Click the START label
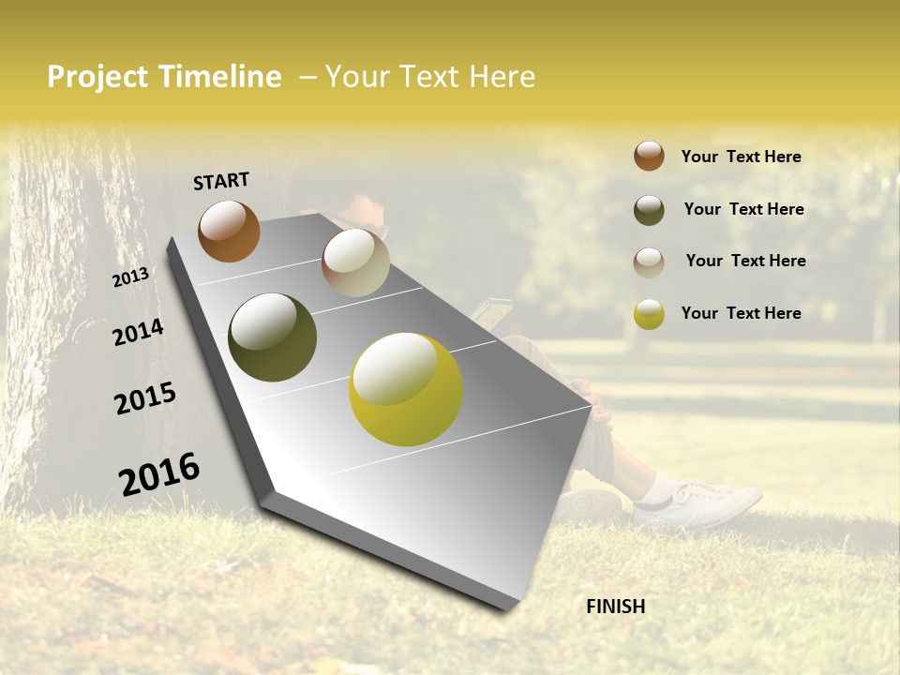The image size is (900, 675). point(221,181)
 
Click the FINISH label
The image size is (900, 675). point(615,607)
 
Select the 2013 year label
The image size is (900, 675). point(130,277)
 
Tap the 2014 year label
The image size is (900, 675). point(138,332)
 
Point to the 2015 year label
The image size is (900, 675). point(145,398)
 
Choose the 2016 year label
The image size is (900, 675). point(159,473)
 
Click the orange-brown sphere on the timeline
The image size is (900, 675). point(229,231)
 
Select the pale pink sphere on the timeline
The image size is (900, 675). point(355,262)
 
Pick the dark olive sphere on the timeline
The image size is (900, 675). point(272,337)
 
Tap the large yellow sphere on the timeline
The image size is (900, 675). point(406,389)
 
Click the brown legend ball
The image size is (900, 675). point(649,157)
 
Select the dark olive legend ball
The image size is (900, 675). point(649,210)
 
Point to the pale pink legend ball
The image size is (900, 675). point(649,262)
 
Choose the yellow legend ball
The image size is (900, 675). point(649,314)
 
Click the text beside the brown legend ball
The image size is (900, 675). point(741,157)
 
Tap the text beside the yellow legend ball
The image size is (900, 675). point(741,313)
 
